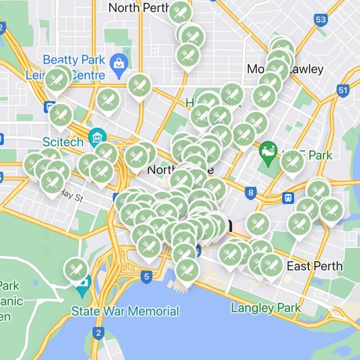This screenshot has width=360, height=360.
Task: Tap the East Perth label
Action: pyautogui.click(x=315, y=266)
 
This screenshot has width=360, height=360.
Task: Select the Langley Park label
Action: pyautogui.click(x=266, y=308)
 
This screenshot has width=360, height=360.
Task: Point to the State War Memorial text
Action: pyautogui.click(x=125, y=311)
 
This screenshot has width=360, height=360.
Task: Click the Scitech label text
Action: pyautogui.click(x=63, y=142)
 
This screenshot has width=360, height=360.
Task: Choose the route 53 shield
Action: pyautogui.click(x=321, y=20)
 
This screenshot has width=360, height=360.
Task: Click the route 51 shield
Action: pyautogui.click(x=342, y=90)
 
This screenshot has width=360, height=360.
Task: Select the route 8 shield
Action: pyautogui.click(x=250, y=193)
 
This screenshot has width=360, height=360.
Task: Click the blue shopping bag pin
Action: pyautogui.click(x=119, y=64)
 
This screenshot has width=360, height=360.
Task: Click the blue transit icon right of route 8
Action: pyautogui.click(x=288, y=198)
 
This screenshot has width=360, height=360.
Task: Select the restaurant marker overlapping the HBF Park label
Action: pyautogui.click(x=292, y=162)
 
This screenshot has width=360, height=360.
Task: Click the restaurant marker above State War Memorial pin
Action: pyautogui.click(x=76, y=269)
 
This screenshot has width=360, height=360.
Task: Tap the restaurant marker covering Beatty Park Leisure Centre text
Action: pyautogui.click(x=57, y=79)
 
